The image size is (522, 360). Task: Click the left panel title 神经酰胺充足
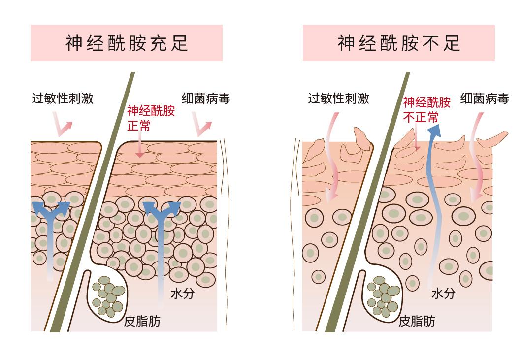(127, 43)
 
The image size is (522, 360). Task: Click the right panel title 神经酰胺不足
(398, 43)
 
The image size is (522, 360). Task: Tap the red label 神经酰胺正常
(151, 118)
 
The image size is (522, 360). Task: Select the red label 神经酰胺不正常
(426, 109)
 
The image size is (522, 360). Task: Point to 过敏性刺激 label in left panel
(63, 98)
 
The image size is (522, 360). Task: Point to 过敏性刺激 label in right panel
(338, 98)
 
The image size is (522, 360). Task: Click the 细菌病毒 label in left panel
(205, 98)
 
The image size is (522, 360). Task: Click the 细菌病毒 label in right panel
(484, 98)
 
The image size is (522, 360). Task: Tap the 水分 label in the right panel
(443, 294)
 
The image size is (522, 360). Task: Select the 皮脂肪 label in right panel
(417, 321)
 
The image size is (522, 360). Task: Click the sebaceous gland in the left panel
(107, 295)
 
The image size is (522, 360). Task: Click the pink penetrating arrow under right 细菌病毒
(476, 158)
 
